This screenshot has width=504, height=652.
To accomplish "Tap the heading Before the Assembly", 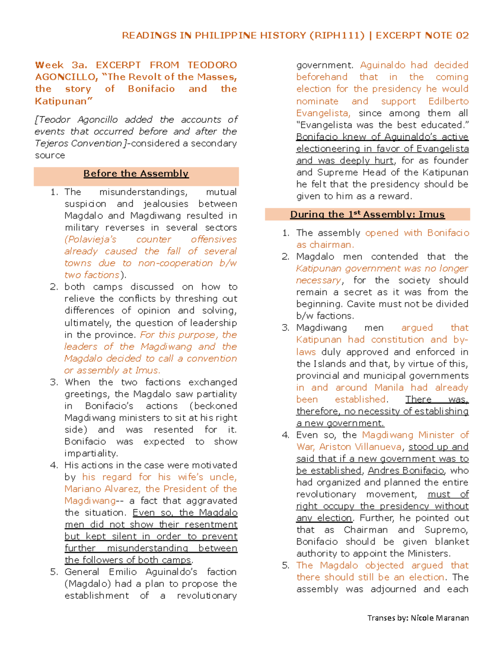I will click(136, 173).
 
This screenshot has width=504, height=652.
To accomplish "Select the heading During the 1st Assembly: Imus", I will click(367, 215).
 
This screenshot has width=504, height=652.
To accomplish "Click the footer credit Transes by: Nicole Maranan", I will click(418, 618).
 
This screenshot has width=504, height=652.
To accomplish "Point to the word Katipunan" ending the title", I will click(63, 101).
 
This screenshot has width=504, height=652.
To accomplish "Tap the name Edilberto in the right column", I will click(448, 101).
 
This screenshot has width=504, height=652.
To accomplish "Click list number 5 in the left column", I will click(54, 572).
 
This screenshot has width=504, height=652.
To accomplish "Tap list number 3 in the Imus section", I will click(286, 327).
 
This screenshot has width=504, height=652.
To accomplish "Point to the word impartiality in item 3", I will click(91, 453).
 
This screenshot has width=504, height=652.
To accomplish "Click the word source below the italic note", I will click(50, 155).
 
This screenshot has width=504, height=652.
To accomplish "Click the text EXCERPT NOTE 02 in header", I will click(422, 35).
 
